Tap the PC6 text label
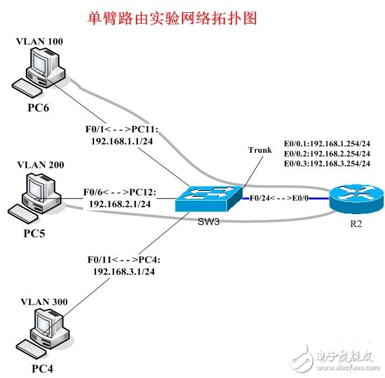pyautogui.click(x=38, y=107)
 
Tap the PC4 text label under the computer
pyautogui.click(x=42, y=368)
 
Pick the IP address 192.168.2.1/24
pyautogui.click(x=120, y=203)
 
